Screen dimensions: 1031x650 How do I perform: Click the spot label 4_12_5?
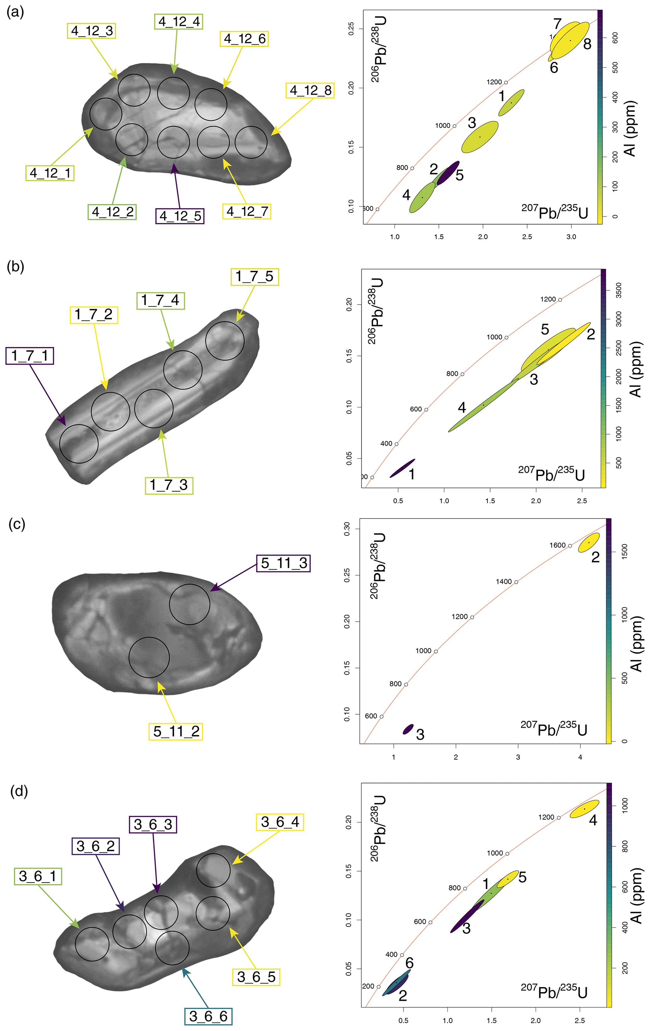coord(180,216)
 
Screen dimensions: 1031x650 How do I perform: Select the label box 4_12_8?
coord(310,90)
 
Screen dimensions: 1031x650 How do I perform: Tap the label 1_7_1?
coord(30,356)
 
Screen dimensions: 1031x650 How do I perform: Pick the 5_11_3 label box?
coord(283,563)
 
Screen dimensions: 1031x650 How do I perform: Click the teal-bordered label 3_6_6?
coord(208,1016)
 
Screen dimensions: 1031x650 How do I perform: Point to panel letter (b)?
coord(15,267)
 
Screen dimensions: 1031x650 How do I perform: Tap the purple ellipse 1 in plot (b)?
coord(402,468)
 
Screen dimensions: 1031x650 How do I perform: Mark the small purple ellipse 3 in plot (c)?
coord(408,729)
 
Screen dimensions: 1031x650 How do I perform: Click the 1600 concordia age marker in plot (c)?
coord(570,545)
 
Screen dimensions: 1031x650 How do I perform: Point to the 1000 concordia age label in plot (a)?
coord(443,125)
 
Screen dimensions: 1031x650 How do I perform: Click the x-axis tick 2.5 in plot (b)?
coord(581,500)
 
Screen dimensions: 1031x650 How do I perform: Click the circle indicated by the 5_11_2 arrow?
coord(149,657)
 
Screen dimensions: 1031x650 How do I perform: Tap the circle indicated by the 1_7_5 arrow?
coord(225,341)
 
